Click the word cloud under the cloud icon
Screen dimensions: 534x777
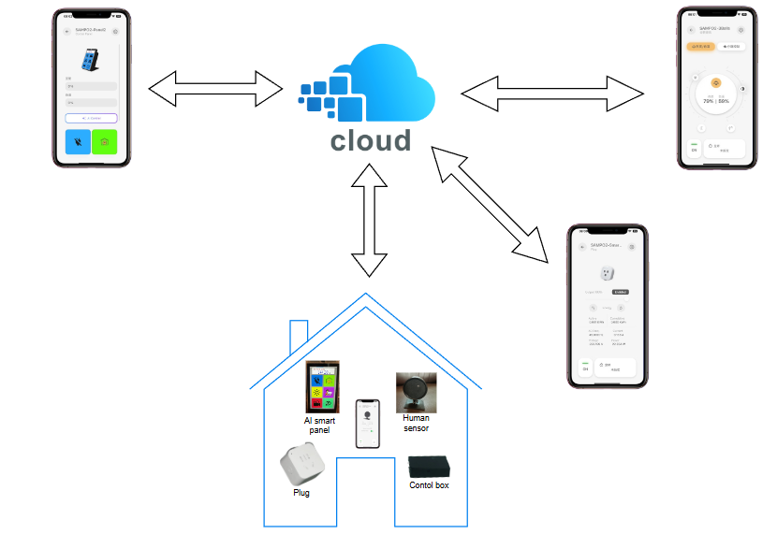(x=371, y=141)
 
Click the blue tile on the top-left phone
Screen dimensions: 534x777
(x=78, y=142)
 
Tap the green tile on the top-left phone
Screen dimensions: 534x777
(x=104, y=142)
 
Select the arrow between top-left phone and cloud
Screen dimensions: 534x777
(x=215, y=90)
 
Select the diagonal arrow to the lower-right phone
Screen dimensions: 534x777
(x=491, y=203)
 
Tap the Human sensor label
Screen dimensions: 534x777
(x=416, y=424)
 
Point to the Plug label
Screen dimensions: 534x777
(x=301, y=492)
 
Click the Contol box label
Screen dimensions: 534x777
(x=429, y=485)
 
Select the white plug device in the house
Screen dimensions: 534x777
(x=301, y=465)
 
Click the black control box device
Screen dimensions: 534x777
(x=429, y=467)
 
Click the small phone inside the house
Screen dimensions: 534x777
(x=368, y=424)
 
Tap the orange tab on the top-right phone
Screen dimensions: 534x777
(x=699, y=45)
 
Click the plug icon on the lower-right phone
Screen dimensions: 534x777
(x=606, y=274)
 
